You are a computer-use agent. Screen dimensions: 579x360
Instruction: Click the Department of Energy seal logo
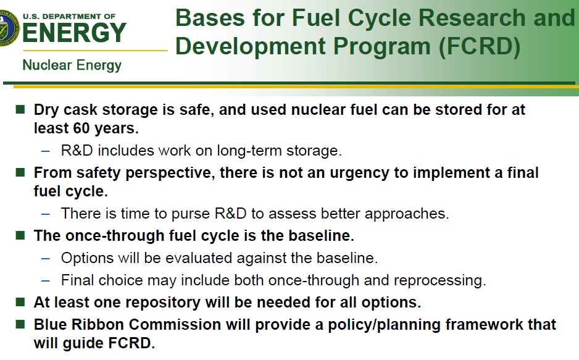tap(8, 28)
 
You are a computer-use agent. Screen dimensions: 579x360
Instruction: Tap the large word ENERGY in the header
tap(74, 33)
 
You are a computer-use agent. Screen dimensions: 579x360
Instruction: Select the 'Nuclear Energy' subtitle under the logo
tap(72, 65)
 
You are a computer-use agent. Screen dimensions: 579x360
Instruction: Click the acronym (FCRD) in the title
tap(479, 46)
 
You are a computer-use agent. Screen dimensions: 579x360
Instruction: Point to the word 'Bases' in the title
tap(210, 18)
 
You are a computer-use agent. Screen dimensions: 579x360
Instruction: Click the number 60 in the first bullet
tap(81, 128)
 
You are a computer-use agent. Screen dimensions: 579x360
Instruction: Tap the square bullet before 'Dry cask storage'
tap(20, 109)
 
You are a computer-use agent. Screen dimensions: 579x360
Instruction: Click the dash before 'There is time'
tap(46, 214)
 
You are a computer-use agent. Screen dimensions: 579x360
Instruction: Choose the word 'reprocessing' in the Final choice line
tap(439, 280)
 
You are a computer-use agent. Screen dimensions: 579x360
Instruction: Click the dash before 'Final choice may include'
tap(46, 280)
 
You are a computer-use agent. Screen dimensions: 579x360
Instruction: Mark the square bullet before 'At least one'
tap(20, 302)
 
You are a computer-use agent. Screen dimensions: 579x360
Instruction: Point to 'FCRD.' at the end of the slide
tap(131, 343)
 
